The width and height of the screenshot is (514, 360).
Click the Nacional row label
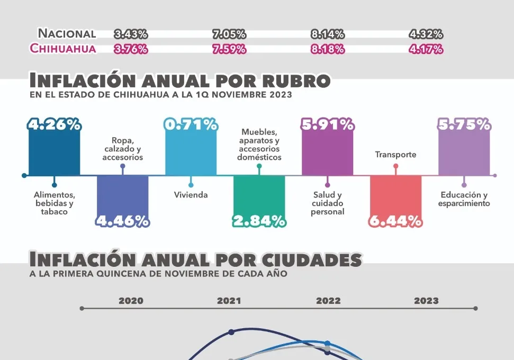point(67,34)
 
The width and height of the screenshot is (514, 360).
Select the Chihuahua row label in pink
point(63,49)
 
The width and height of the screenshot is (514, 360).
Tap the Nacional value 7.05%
point(229,34)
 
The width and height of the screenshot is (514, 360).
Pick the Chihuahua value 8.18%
point(328,49)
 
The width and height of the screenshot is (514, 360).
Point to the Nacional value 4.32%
point(426,34)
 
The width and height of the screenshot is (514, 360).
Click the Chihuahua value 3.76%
point(131,49)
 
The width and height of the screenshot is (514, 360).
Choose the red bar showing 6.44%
point(395,196)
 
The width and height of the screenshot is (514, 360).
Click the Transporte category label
point(395,155)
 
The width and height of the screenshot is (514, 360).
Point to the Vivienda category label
point(191,195)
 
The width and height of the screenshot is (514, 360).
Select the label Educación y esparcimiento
point(464,199)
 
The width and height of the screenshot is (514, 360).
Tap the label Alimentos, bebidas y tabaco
point(55,203)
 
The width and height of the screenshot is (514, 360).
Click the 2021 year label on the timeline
point(229,301)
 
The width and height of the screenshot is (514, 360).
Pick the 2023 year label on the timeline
point(426,301)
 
